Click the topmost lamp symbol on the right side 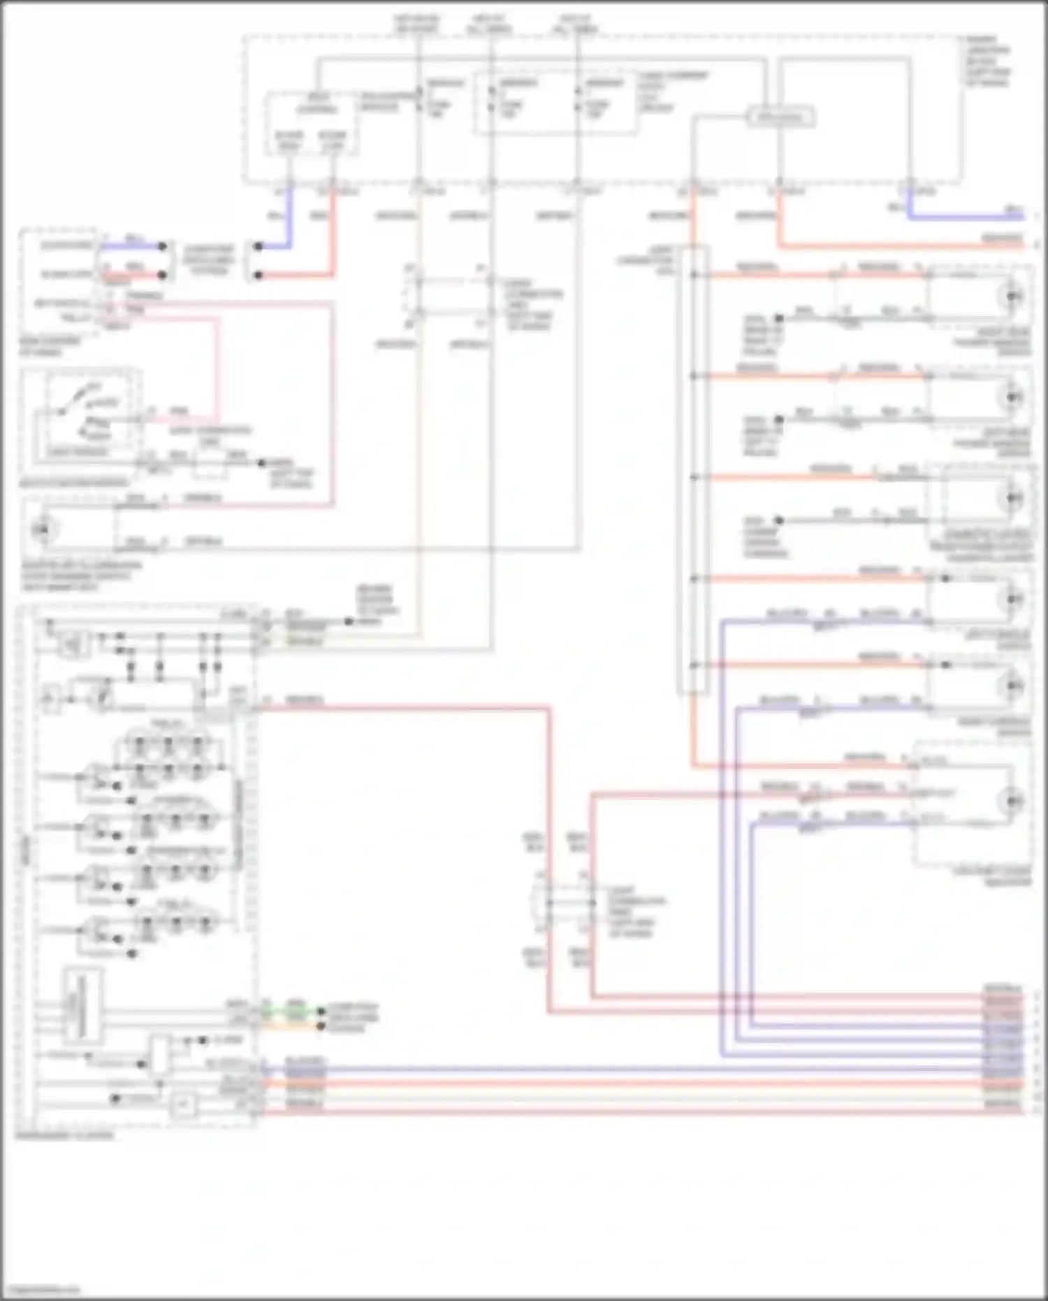(1013, 296)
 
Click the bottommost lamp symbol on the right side (1013, 800)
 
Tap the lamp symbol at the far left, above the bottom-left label (43, 529)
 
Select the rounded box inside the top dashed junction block (780, 117)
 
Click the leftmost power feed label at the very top (416, 24)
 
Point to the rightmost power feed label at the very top (576, 24)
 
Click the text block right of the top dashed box (988, 62)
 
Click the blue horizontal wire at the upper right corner (964, 217)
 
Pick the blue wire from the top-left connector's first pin (133, 246)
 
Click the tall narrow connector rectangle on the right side (692, 470)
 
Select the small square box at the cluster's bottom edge (184, 1105)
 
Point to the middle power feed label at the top (490, 24)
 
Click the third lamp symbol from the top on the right (1013, 498)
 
